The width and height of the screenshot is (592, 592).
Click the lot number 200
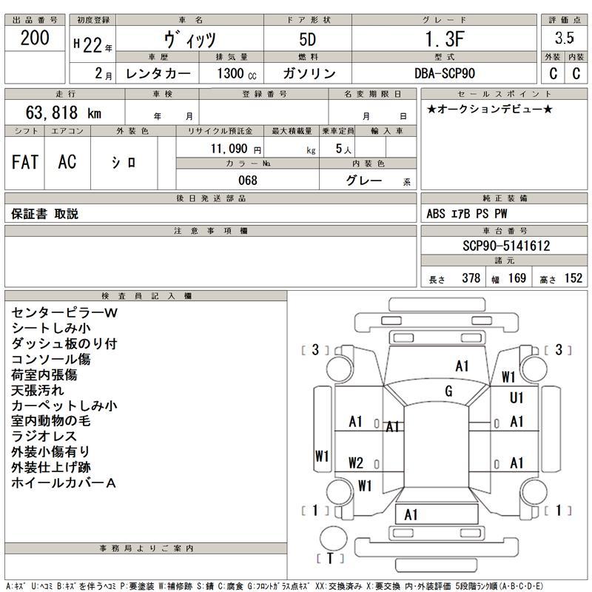35,38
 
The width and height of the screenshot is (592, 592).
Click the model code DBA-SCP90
445,74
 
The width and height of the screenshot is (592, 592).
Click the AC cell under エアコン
67,162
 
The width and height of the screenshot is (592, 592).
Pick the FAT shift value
25,162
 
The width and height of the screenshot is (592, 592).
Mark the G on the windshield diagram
448,391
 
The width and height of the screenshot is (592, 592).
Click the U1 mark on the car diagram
517,398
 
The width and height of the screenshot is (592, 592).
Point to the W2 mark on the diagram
356,463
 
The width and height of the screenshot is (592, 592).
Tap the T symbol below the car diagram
330,557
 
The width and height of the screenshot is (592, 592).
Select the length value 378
471,278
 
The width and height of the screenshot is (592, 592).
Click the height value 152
573,278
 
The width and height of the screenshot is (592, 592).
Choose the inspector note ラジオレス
43,437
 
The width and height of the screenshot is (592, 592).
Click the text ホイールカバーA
64,483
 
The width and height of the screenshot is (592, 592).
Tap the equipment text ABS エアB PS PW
466,214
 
